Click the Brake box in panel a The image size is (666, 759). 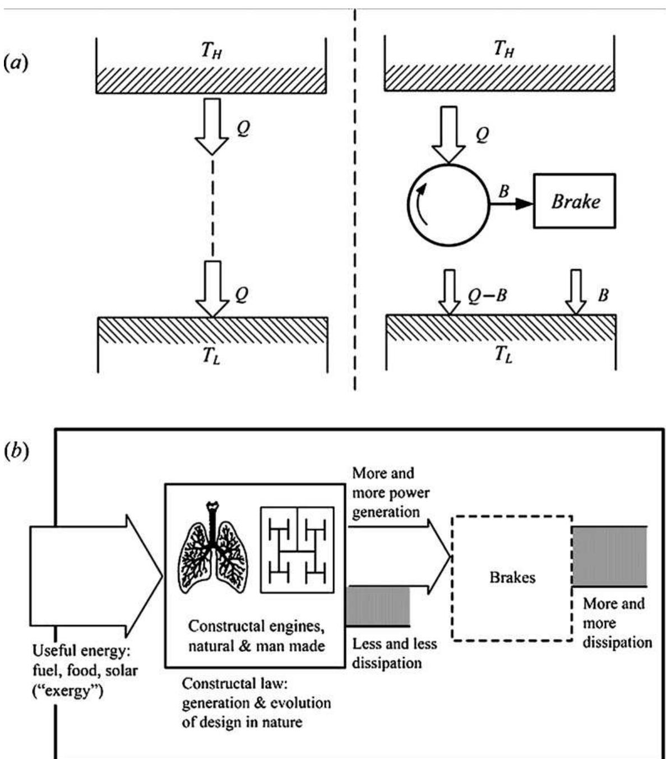[x=574, y=201]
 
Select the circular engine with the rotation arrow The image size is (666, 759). [x=448, y=205]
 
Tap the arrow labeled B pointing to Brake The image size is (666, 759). [x=511, y=205]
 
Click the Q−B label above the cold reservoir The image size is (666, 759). [x=487, y=295]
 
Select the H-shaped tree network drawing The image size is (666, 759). [x=297, y=550]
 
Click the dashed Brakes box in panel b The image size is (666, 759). [x=511, y=578]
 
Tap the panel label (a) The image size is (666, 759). [x=15, y=62]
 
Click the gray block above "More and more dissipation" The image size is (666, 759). [x=609, y=556]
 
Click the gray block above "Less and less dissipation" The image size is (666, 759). [x=378, y=606]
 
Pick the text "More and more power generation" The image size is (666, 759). [x=391, y=492]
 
